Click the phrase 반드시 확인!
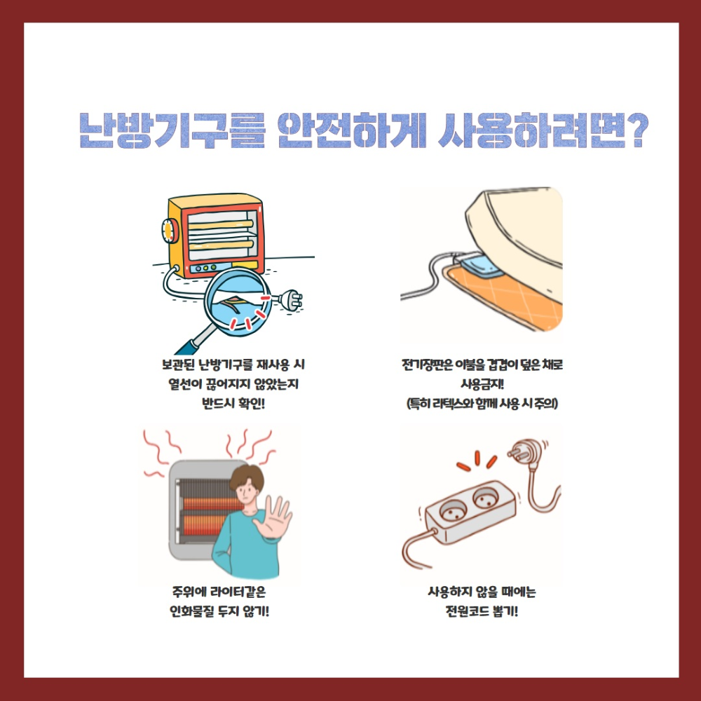point(232,404)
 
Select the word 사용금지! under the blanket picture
point(482,385)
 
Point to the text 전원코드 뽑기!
point(482,610)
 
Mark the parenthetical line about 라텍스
point(482,404)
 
